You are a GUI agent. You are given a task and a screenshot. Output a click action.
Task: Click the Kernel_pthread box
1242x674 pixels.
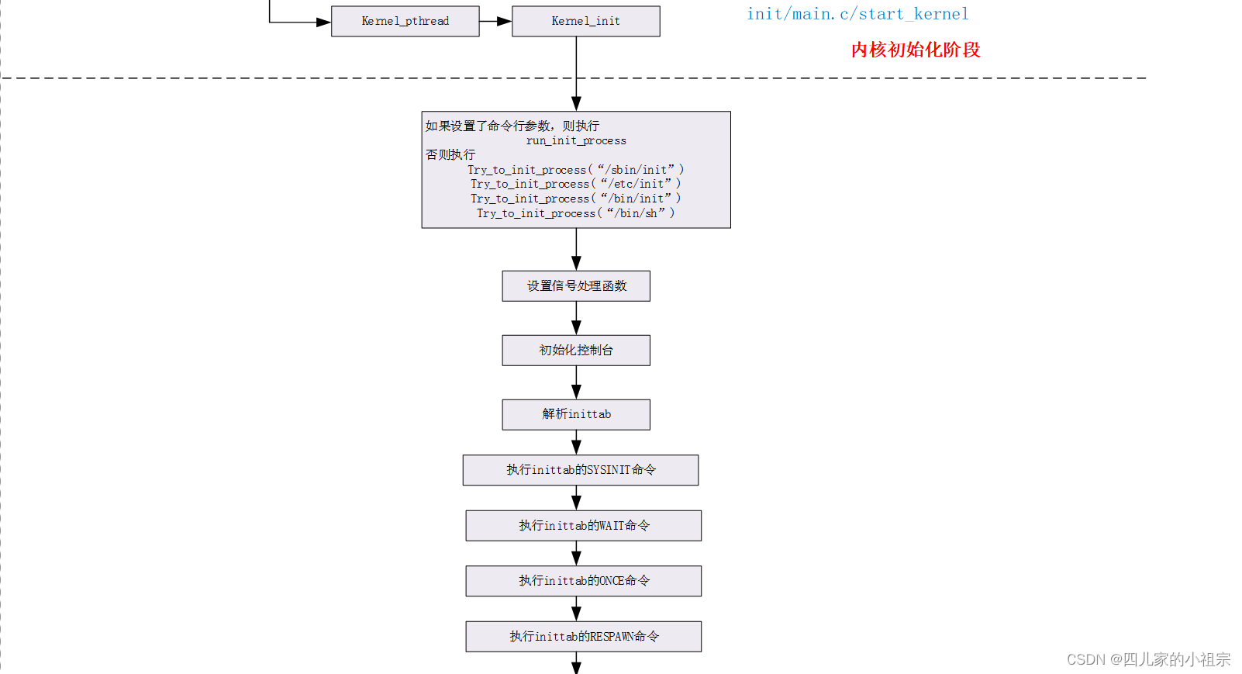405,21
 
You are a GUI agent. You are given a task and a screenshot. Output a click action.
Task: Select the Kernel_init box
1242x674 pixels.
585,21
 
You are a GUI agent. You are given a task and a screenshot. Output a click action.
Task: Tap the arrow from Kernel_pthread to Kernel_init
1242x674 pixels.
495,21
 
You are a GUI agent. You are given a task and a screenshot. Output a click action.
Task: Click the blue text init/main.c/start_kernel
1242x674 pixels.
857,14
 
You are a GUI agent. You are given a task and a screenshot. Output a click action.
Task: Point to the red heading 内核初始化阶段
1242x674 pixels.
916,50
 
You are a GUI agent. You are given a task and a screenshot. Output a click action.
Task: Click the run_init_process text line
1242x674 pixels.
576,140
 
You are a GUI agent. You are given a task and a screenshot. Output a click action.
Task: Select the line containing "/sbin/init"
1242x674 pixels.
575,170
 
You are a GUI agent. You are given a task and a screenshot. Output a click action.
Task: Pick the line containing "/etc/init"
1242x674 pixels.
575,184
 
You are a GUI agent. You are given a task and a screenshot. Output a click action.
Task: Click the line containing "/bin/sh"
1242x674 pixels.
575,213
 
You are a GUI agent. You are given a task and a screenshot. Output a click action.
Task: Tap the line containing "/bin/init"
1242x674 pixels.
575,199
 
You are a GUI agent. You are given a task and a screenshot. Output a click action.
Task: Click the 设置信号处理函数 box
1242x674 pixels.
576,286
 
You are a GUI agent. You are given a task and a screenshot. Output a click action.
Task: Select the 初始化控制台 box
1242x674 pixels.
576,351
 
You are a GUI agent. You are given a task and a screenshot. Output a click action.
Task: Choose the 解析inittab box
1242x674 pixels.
576,414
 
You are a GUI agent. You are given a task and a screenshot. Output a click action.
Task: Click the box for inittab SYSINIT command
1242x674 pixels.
581,470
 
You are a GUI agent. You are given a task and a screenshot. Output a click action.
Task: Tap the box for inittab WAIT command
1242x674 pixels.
583,526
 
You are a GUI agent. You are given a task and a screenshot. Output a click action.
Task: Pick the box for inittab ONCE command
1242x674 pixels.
583,581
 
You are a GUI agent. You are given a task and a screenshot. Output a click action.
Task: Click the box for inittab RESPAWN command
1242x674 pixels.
583,637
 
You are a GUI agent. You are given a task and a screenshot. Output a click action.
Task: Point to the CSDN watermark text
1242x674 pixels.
1148,659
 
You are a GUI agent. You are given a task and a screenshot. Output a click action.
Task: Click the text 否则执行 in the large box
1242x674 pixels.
450,154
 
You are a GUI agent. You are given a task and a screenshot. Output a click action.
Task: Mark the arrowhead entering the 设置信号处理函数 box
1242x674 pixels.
576,263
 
